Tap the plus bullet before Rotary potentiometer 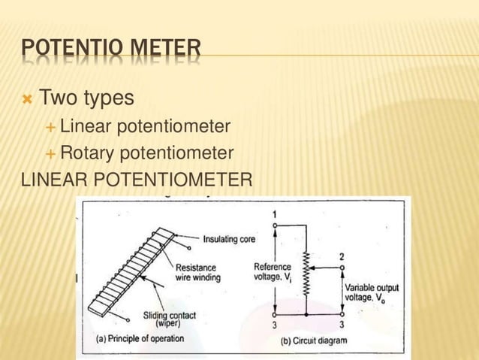click(50, 154)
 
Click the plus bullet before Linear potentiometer click(50, 127)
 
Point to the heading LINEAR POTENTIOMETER click(137, 181)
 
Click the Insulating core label click(229, 240)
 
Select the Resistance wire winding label click(197, 272)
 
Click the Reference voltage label click(272, 272)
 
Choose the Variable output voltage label click(372, 292)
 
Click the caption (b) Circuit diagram click(314, 340)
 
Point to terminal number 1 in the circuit click(274, 215)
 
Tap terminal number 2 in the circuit click(342, 256)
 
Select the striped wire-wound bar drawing click(131, 263)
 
